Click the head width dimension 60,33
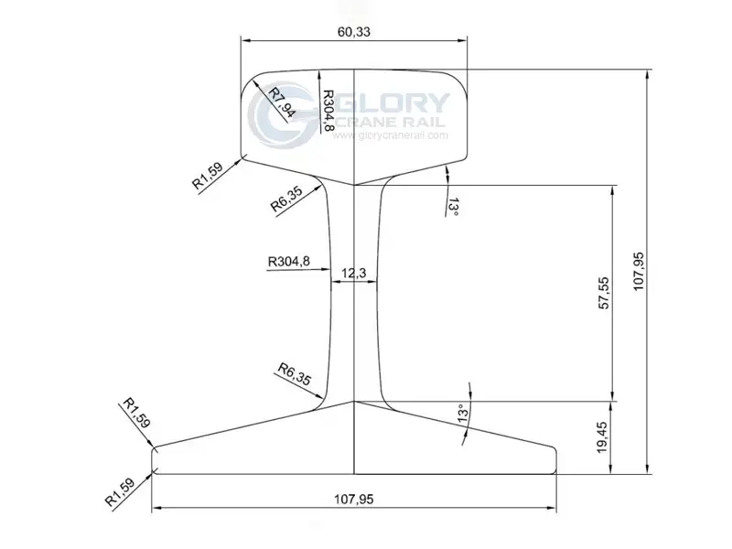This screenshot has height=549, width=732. tap(353, 32)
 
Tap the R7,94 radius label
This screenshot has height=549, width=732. tap(282, 102)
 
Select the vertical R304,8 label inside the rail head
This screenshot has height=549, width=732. tap(328, 111)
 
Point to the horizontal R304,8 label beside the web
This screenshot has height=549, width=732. tap(289, 262)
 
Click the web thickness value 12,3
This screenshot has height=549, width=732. tap(353, 273)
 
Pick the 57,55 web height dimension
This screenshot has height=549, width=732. tap(604, 293)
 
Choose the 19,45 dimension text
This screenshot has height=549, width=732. tap(602, 437)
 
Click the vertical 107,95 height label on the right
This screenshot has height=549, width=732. tap(638, 271)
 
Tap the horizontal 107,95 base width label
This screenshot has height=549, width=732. tap(353, 499)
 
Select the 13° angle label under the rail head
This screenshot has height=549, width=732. tap(453, 207)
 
